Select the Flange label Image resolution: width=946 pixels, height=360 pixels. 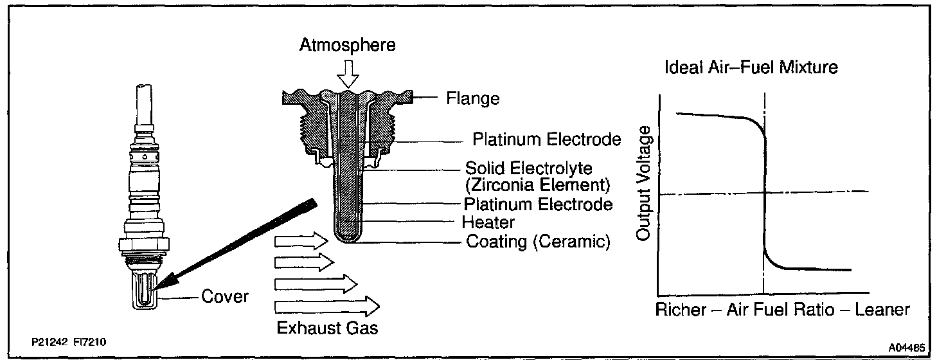click(x=473, y=99)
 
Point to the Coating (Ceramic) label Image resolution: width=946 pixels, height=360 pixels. click(x=537, y=242)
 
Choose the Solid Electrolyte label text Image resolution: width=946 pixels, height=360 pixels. click(x=528, y=168)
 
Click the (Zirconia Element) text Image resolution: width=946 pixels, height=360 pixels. click(x=537, y=187)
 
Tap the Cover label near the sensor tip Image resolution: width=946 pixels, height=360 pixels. click(x=225, y=298)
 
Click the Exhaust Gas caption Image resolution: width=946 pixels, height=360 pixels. click(x=327, y=327)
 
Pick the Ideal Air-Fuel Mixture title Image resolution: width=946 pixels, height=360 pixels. click(x=750, y=67)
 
